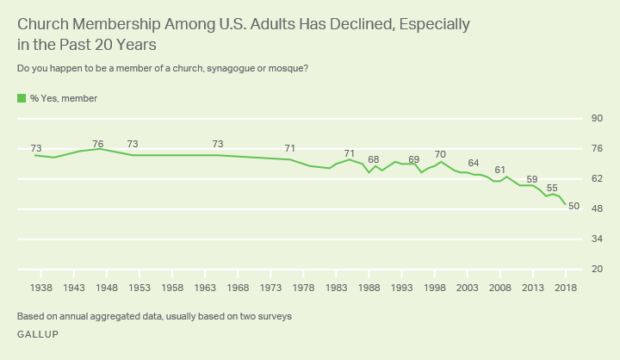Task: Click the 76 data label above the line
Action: click(x=98, y=143)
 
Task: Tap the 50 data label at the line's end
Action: click(x=574, y=206)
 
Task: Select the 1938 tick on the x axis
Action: click(x=41, y=287)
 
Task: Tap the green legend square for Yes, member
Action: click(x=22, y=99)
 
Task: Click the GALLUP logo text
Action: click(x=38, y=334)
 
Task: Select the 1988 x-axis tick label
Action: click(x=369, y=287)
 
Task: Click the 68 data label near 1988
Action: click(x=374, y=160)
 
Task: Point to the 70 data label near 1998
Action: click(x=440, y=154)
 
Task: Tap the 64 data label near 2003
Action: click(x=474, y=163)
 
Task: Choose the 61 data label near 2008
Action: click(x=500, y=170)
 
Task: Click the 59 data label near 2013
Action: click(x=532, y=179)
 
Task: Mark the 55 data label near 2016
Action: click(x=552, y=188)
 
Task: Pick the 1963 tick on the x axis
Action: click(x=205, y=287)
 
